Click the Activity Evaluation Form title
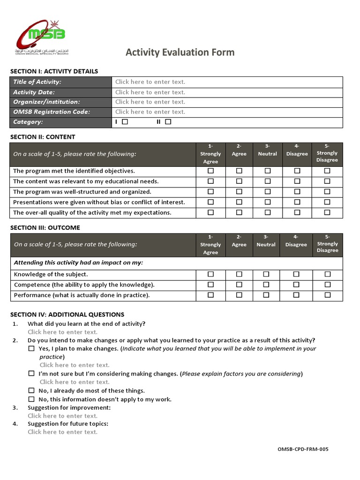pos(180,52)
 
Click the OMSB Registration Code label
pos(52,112)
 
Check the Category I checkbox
pos(125,122)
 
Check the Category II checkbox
pos(168,122)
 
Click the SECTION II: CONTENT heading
pos(43,137)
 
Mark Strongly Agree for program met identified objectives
pos(210,171)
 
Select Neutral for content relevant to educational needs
pos(267,181)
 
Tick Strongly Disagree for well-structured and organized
pos(327,192)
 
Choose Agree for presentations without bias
pos(239,202)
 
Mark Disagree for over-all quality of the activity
pos(297,212)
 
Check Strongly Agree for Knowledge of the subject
pos(210,274)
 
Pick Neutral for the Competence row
pos(266,285)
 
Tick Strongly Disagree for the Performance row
pos(327,295)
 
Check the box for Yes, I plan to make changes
pos(31,349)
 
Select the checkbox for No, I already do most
pos(31,390)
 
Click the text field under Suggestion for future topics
pos(63,432)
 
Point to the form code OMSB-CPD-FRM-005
pos(303,450)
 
